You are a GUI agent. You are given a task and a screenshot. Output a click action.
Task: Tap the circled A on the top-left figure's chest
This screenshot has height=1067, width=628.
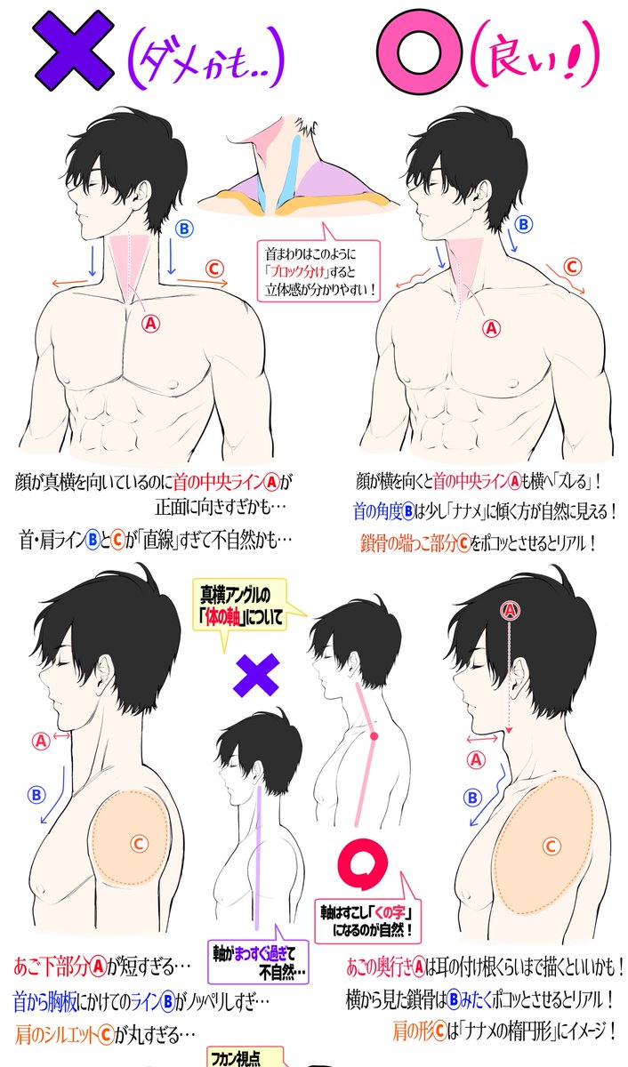150,324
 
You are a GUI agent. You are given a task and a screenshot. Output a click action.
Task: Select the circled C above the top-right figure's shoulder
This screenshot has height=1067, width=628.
573,267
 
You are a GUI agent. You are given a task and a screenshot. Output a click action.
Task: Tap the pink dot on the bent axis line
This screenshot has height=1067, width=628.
374,736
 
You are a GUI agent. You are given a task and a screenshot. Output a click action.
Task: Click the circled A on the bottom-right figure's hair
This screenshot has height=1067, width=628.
510,611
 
